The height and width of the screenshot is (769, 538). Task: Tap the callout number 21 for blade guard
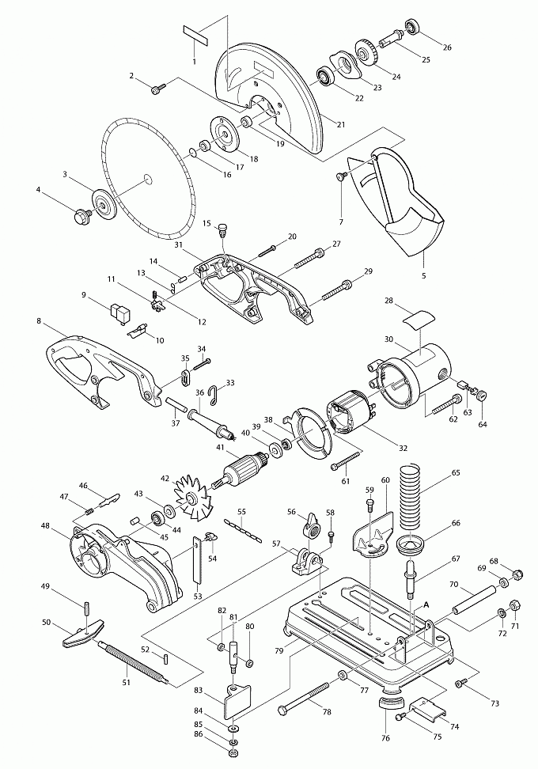click(341, 123)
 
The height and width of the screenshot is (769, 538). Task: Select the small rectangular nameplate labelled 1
click(194, 35)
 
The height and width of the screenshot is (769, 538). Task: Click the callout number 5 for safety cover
click(423, 275)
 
